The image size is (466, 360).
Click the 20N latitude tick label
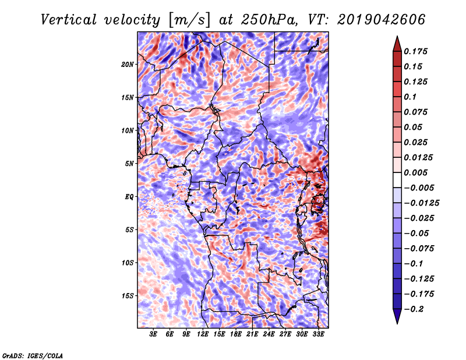[128, 65]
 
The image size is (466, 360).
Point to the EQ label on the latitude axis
[129, 197]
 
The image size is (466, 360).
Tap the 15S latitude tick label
[128, 296]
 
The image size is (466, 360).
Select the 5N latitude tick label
[129, 164]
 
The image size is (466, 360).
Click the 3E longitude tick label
[153, 334]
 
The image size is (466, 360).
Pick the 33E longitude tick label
[318, 334]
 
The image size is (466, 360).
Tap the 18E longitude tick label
[236, 334]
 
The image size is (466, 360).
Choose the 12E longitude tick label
[203, 334]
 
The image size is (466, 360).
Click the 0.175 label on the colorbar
[415, 51]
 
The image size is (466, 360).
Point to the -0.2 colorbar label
[414, 309]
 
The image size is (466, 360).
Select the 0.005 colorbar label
[415, 172]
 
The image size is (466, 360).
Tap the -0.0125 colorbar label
[421, 203]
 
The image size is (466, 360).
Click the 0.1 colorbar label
[410, 97]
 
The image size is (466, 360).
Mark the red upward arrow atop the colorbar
[397, 44]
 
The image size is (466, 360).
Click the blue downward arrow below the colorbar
[397, 316]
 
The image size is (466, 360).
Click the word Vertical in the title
[69, 20]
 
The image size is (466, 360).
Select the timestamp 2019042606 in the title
[382, 20]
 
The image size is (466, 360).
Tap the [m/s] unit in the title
[189, 20]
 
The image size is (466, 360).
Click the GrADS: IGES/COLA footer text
[33, 356]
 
